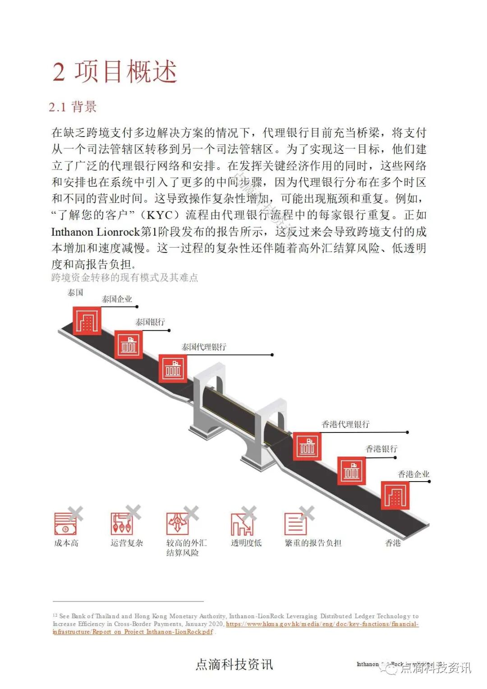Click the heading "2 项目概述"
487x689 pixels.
(x=115, y=72)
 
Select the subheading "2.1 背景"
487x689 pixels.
(x=73, y=107)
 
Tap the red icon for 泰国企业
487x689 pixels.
(x=87, y=321)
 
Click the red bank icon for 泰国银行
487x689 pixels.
(x=129, y=344)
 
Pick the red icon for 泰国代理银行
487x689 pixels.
(x=173, y=368)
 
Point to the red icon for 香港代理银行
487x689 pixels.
(x=307, y=446)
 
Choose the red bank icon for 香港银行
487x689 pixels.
(x=351, y=471)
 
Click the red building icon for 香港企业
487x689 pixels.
(x=395, y=495)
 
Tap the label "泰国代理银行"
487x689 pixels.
(x=204, y=347)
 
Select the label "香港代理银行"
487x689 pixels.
(x=345, y=424)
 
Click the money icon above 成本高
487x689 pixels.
(x=65, y=524)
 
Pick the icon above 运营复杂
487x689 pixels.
(x=122, y=524)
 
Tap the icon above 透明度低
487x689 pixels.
(x=242, y=524)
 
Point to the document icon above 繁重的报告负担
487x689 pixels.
(x=296, y=524)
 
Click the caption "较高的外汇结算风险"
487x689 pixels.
(x=186, y=547)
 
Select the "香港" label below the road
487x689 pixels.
(x=393, y=543)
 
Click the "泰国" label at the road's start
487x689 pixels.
(x=75, y=293)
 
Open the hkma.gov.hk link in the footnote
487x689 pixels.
(x=322, y=624)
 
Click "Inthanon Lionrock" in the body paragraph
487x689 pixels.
(x=96, y=232)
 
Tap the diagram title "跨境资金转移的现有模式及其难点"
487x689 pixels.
(x=125, y=277)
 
